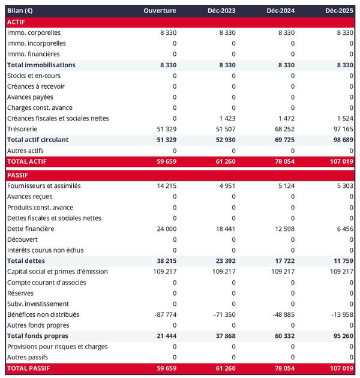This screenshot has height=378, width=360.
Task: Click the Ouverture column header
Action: [x=160, y=11]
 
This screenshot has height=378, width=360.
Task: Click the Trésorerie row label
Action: [x=23, y=129]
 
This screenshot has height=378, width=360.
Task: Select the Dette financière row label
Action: [x=31, y=229]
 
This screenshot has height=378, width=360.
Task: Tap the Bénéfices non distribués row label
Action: [x=43, y=314]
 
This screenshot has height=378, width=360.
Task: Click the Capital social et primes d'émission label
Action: [x=58, y=272]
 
